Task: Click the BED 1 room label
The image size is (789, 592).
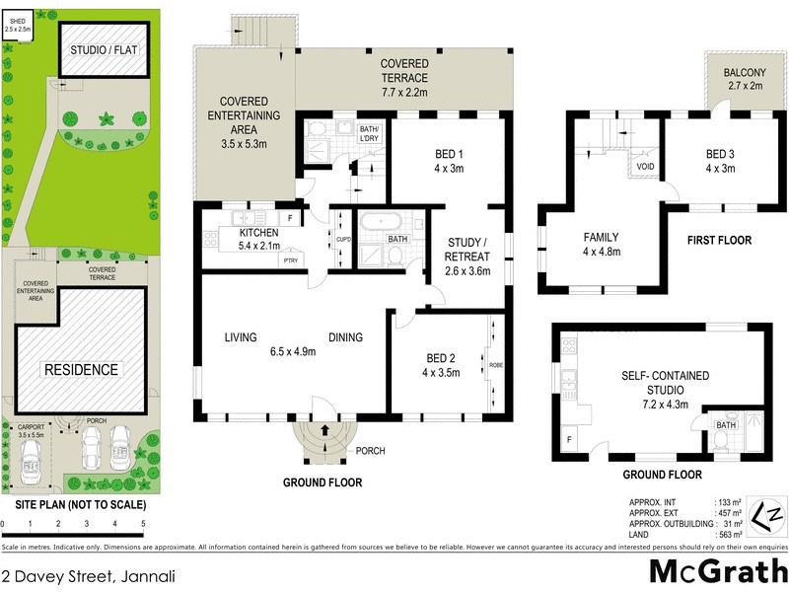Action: tap(449, 154)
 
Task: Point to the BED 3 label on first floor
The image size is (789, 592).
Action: tap(720, 154)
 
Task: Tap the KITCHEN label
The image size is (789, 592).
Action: tap(259, 233)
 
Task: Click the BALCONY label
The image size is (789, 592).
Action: tap(746, 71)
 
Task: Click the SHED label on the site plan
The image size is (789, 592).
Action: tap(17, 19)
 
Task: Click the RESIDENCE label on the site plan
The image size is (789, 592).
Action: tap(79, 370)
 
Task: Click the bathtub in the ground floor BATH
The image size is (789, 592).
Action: tap(378, 220)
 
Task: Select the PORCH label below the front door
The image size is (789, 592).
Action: tap(371, 451)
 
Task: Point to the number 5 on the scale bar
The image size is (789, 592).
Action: tap(143, 524)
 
